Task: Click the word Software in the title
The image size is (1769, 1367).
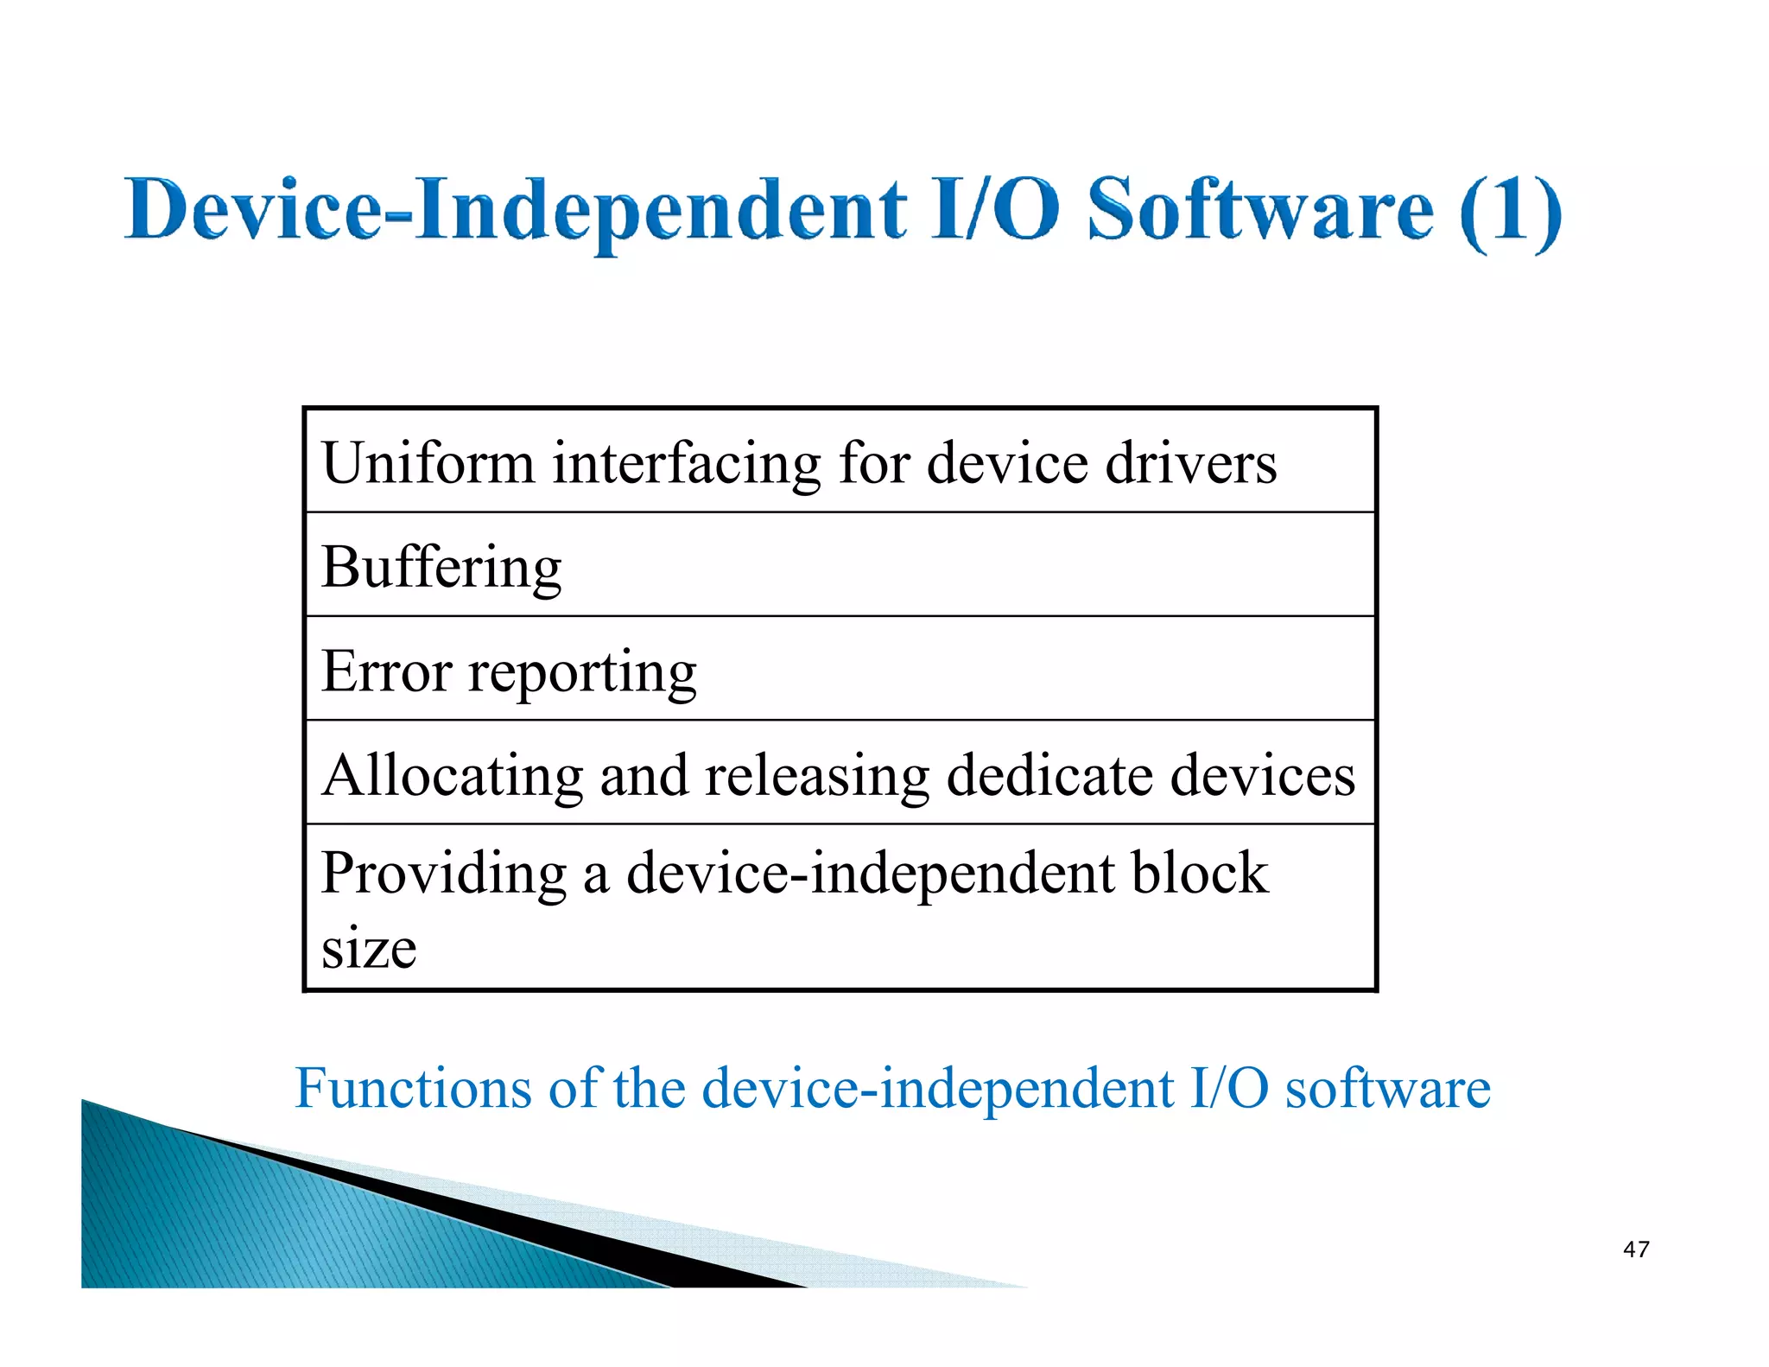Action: (x=1259, y=209)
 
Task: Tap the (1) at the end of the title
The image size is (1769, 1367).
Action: (x=1511, y=211)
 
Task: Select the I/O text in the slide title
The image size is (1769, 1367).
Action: (x=995, y=209)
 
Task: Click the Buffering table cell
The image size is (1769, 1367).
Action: (x=441, y=568)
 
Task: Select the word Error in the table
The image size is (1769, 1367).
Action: (x=386, y=671)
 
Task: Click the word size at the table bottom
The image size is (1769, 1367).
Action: (x=369, y=949)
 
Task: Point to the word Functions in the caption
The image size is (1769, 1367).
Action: (x=414, y=1088)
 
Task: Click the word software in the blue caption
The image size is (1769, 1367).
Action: (x=1387, y=1089)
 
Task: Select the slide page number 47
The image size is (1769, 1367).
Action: (x=1635, y=1249)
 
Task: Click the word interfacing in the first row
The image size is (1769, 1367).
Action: (x=687, y=463)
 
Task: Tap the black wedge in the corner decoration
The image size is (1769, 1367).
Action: (x=605, y=1244)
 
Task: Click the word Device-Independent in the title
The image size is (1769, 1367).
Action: (x=516, y=209)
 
